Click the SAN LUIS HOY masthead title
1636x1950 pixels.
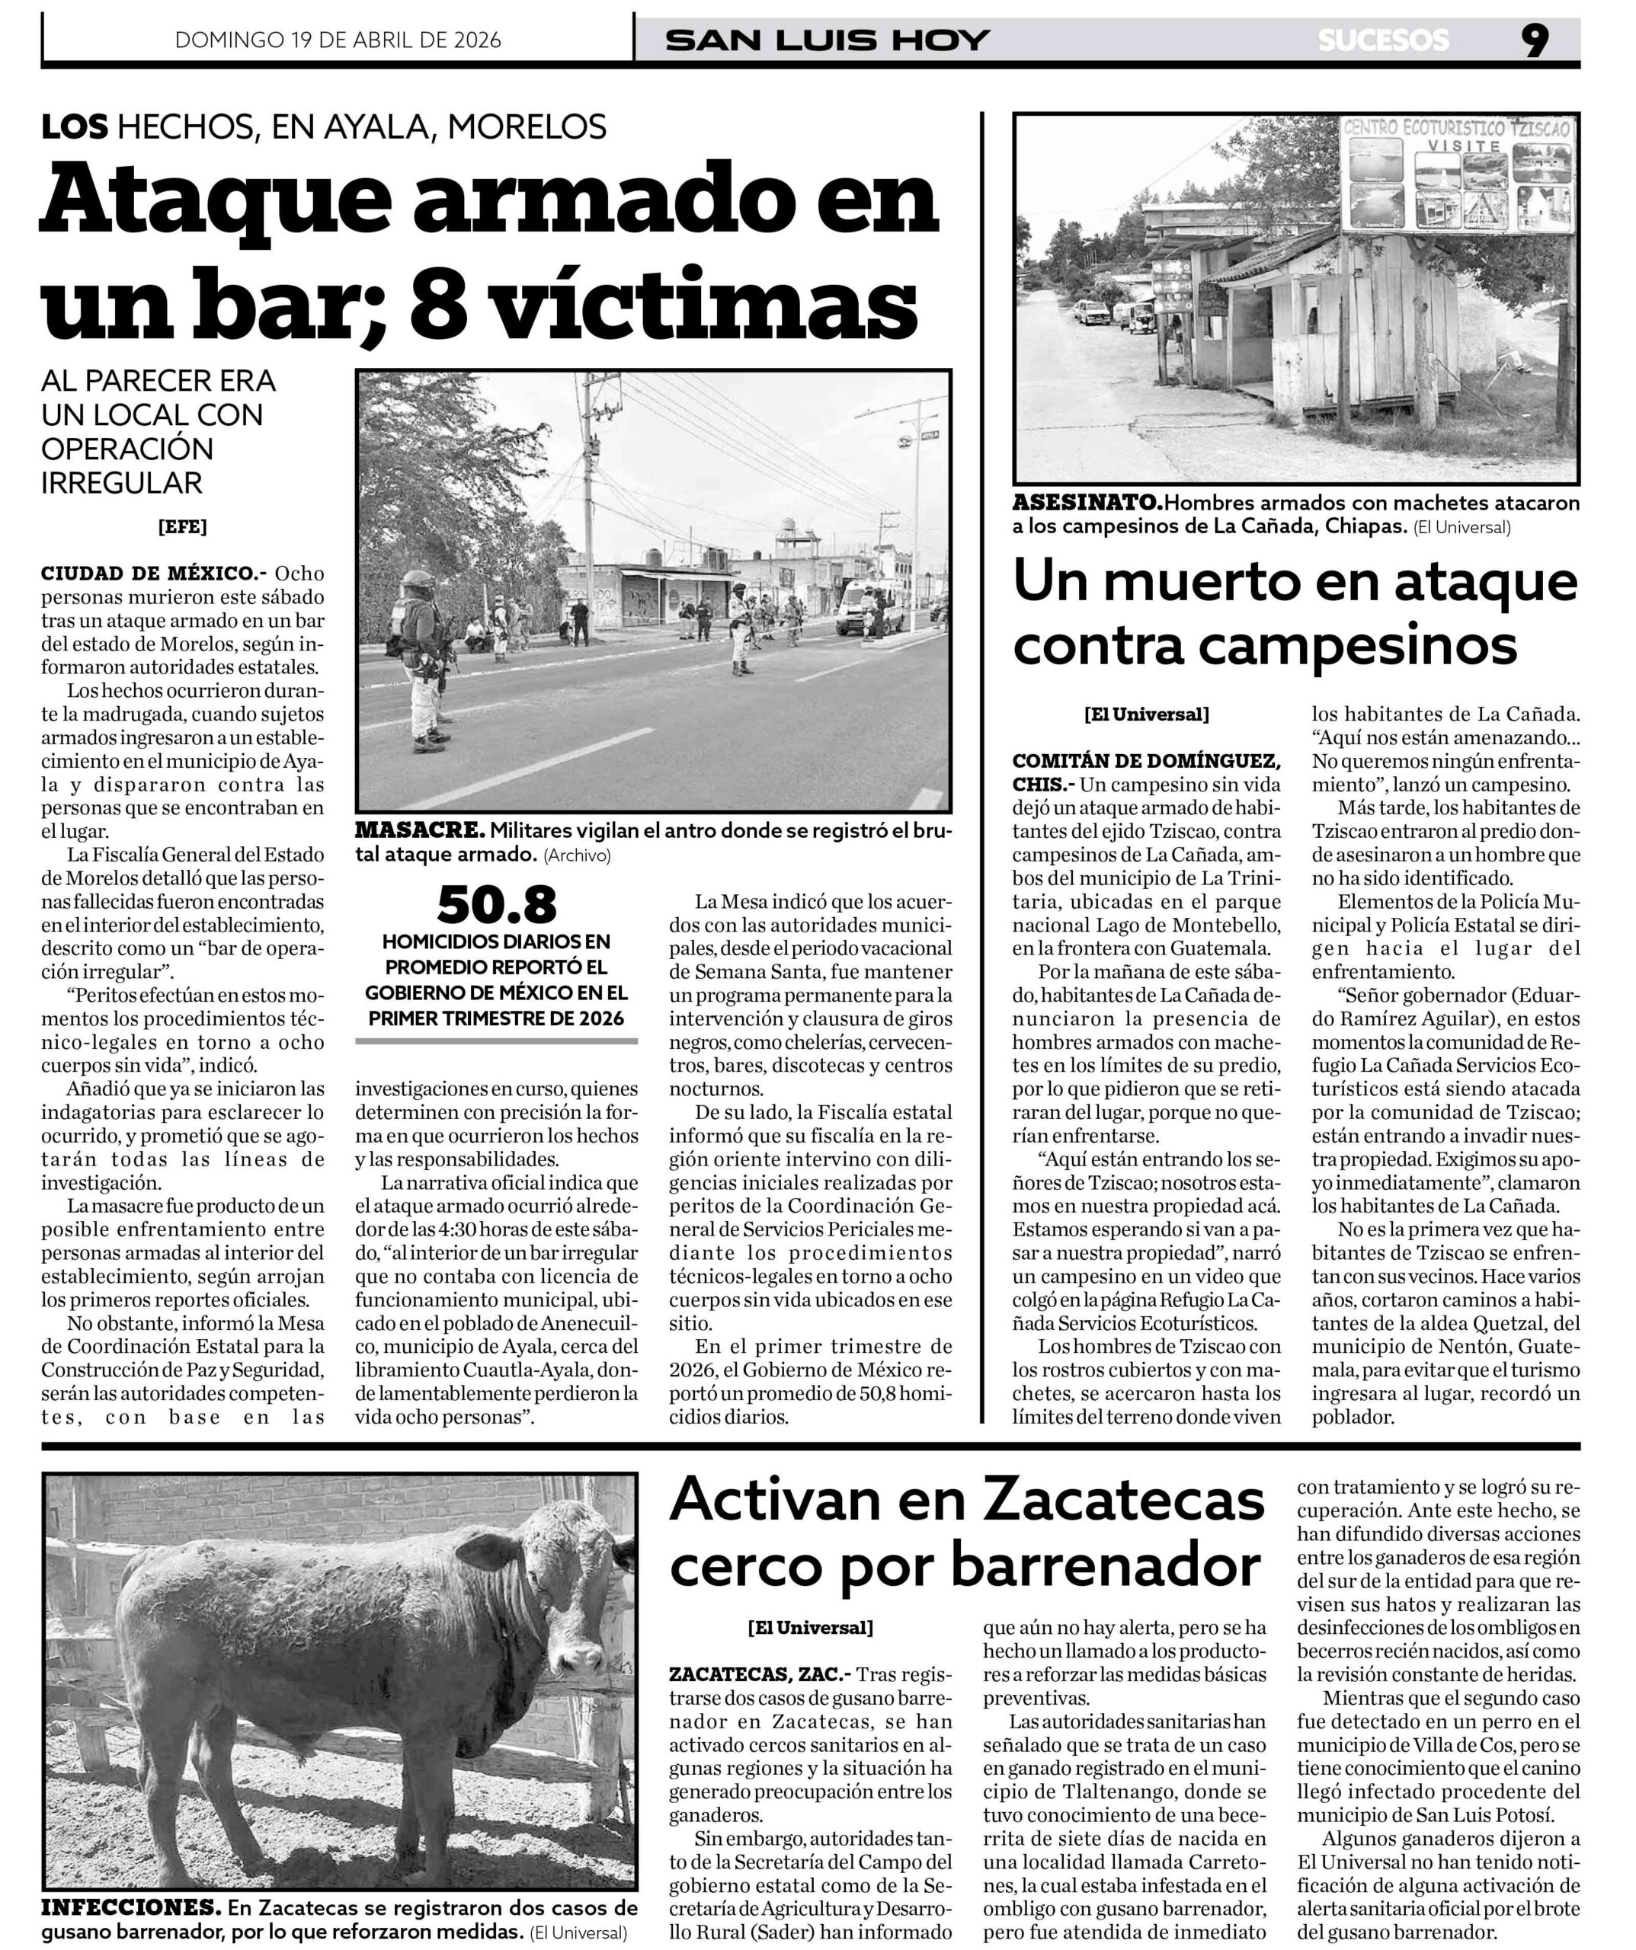(828, 41)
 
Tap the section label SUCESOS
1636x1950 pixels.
(1382, 41)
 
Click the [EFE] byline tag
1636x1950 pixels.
(182, 526)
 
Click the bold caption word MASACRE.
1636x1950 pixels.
(420, 830)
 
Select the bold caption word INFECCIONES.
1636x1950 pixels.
(131, 1907)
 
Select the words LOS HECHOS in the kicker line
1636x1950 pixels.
(149, 126)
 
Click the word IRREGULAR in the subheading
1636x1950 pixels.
(122, 483)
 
